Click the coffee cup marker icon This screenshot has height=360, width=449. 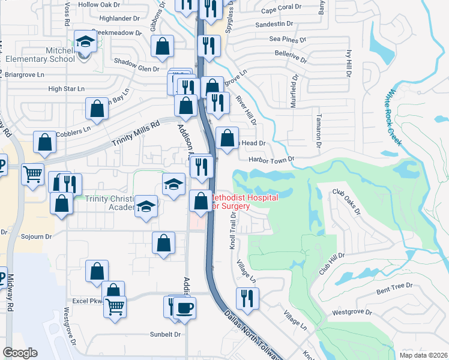click(x=185, y=308)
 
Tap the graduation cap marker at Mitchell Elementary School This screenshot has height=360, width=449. click(x=85, y=42)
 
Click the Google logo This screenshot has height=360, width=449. click(x=20, y=352)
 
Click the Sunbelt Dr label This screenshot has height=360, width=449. click(x=164, y=335)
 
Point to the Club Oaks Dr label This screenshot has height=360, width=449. click(x=346, y=202)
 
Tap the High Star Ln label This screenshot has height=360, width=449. click(x=67, y=89)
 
